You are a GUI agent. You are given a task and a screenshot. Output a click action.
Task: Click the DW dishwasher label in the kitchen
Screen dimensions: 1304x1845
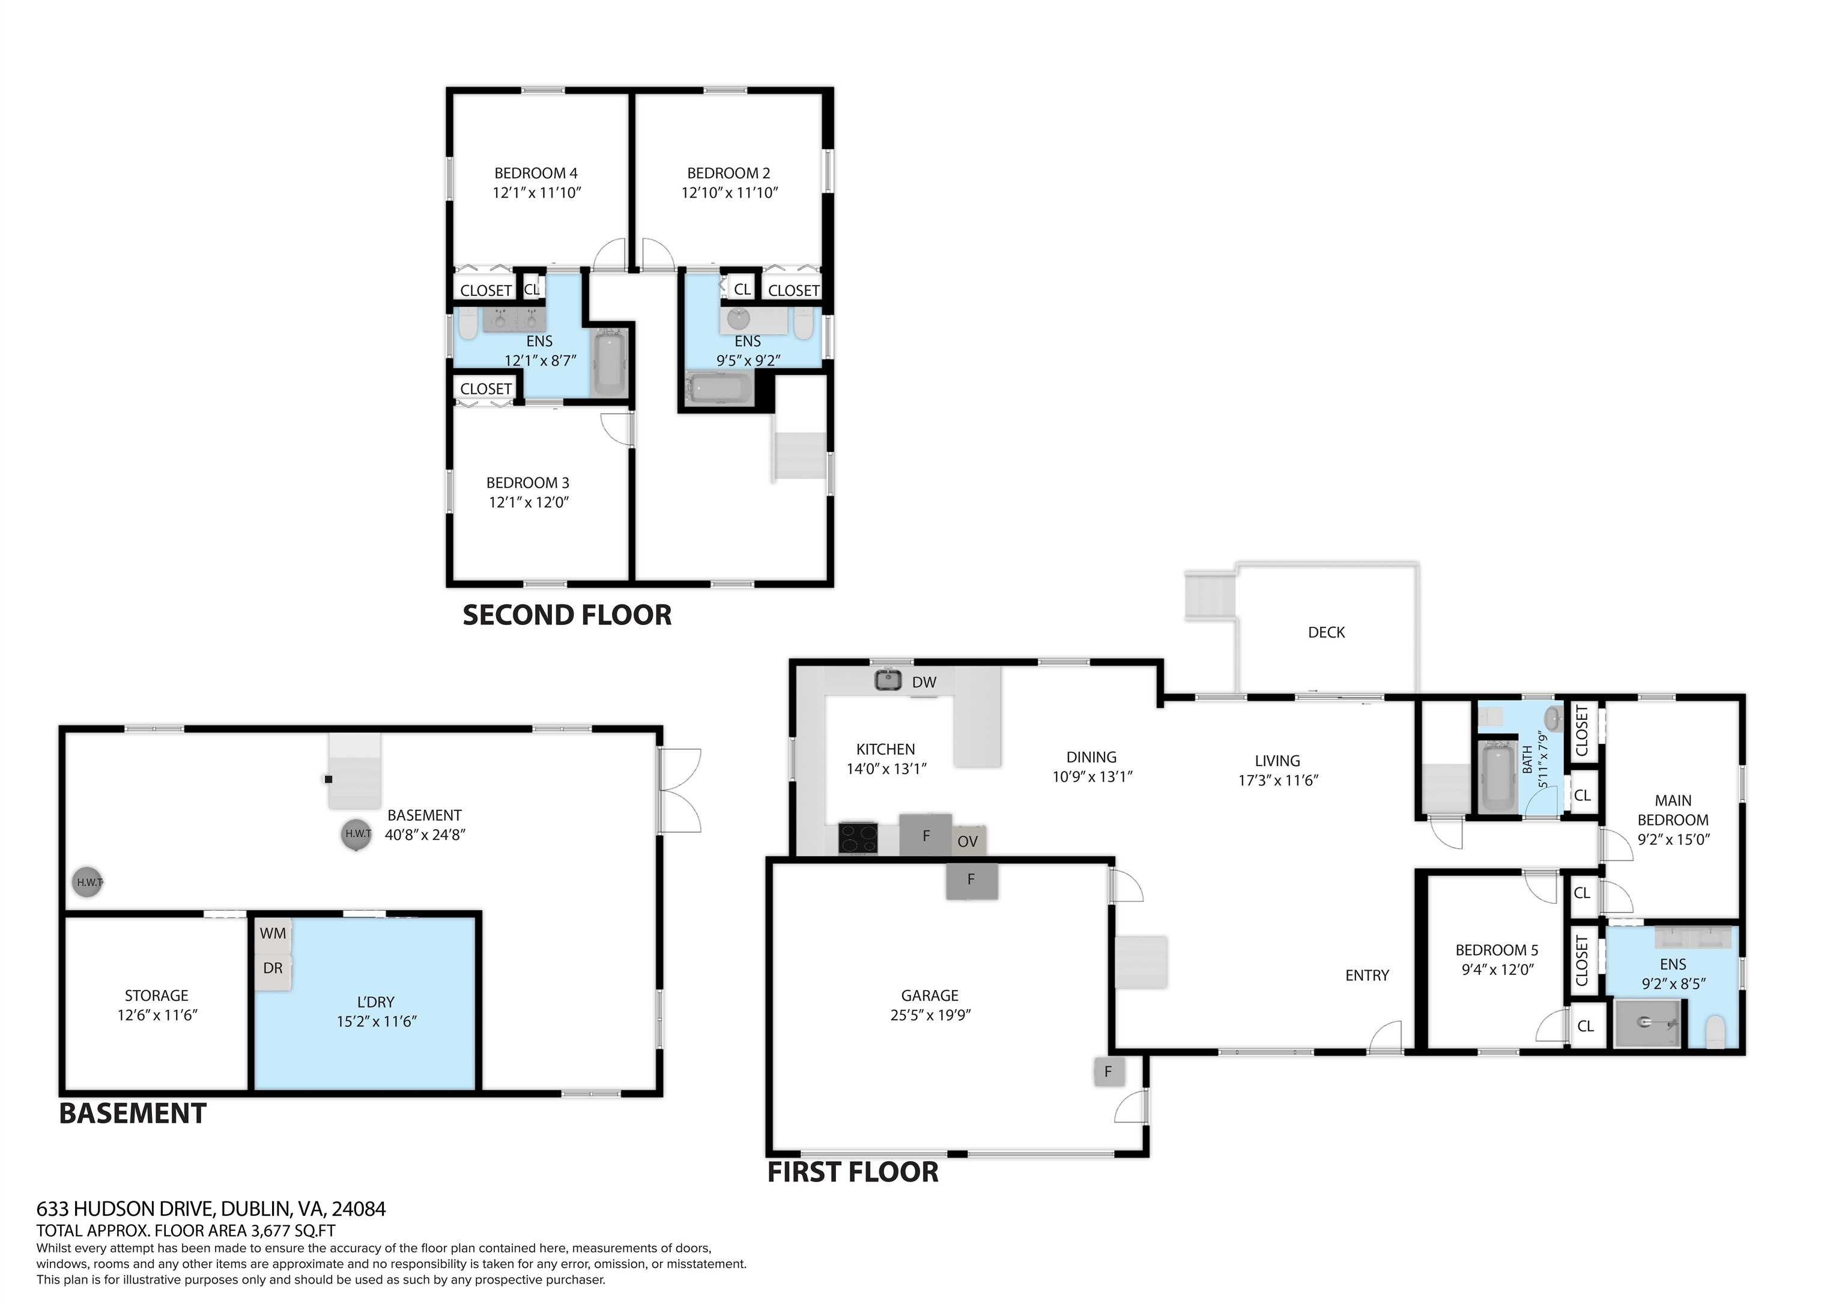pos(924,682)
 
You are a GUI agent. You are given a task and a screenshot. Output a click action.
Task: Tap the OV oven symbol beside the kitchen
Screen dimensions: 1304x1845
pos(968,841)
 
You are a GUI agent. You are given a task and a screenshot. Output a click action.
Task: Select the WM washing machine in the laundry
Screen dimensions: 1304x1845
pos(273,934)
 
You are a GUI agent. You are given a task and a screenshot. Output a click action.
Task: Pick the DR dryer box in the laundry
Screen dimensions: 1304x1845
pos(273,968)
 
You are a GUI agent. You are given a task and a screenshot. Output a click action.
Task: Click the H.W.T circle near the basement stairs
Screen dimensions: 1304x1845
pos(357,833)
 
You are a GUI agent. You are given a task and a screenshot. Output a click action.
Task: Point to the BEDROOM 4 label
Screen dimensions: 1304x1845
pos(535,173)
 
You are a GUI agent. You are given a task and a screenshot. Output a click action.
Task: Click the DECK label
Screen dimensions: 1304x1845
pos(1326,632)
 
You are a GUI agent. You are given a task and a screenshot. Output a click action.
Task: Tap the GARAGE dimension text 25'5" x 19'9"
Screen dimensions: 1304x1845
pos(930,1015)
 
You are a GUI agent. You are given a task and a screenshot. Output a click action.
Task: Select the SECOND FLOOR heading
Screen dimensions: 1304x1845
pos(566,615)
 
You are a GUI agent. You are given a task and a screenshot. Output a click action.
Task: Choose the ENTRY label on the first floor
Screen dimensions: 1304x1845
pos(1367,976)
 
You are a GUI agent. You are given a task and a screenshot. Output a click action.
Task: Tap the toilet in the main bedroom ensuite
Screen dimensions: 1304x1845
pos(1715,1031)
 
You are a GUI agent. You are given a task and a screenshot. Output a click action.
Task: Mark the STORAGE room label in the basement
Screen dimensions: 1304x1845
pos(156,995)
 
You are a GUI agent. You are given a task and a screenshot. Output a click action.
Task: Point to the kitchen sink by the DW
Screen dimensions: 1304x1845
pos(887,681)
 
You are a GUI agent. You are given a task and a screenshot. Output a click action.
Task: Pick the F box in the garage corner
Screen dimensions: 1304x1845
pos(1108,1071)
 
